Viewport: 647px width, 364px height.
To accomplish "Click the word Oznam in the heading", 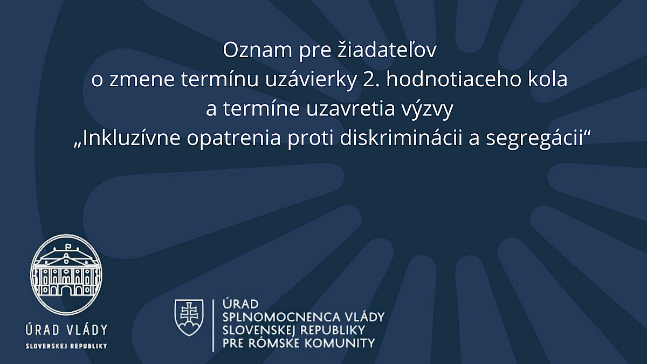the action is [x=258, y=50].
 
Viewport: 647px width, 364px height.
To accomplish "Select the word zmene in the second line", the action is [x=142, y=80].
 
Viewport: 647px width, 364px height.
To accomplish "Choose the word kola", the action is [x=548, y=79].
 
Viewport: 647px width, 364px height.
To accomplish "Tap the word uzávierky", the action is [x=311, y=80].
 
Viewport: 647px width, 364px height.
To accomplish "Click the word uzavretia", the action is [x=350, y=109].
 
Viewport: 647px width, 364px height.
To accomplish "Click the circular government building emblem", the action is [x=66, y=274].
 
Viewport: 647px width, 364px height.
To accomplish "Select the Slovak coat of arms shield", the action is [x=189, y=318].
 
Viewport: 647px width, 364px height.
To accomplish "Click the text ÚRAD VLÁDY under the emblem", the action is [x=66, y=329].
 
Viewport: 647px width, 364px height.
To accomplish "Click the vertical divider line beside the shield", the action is [x=213, y=325].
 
